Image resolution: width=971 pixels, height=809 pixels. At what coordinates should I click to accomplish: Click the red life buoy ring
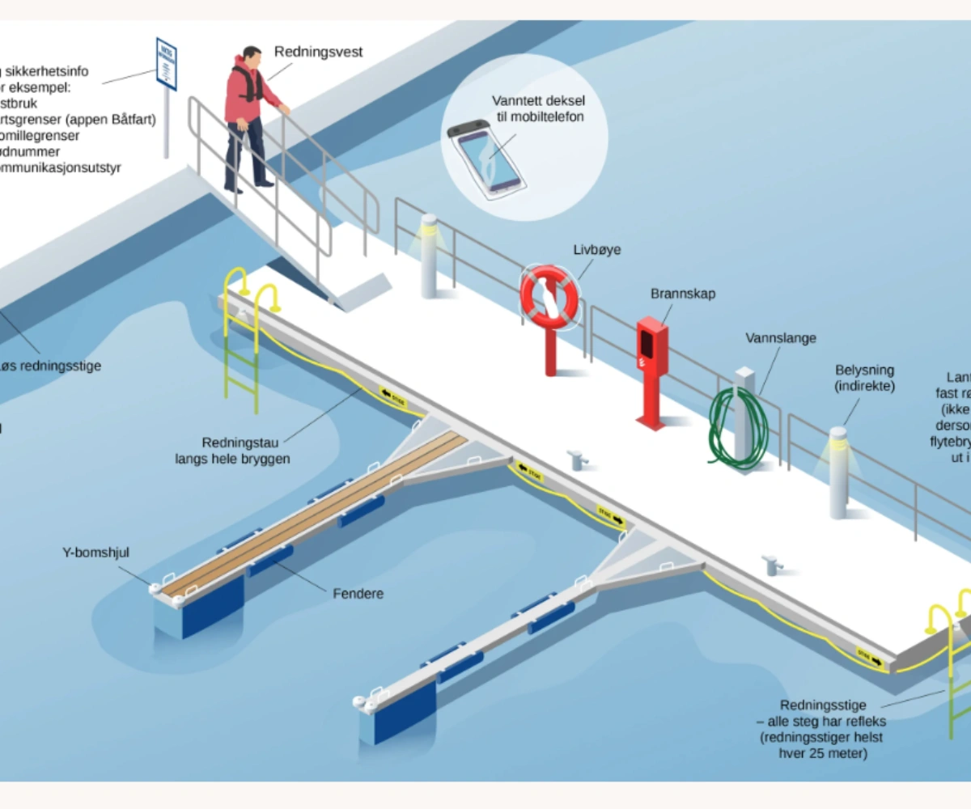549,298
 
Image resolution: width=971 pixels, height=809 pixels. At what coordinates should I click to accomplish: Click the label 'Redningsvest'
318,53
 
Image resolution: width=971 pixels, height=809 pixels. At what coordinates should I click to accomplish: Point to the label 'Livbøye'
597,250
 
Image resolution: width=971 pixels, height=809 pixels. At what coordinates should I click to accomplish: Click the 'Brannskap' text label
683,294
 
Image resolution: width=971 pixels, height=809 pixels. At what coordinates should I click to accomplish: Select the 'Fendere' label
358,594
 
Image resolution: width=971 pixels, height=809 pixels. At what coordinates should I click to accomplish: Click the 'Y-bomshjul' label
96,553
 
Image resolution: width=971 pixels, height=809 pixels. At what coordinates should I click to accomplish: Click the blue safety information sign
166,63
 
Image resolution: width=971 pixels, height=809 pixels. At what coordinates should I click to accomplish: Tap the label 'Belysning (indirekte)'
865,378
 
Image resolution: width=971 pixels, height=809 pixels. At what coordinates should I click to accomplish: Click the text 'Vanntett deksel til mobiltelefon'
538,108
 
